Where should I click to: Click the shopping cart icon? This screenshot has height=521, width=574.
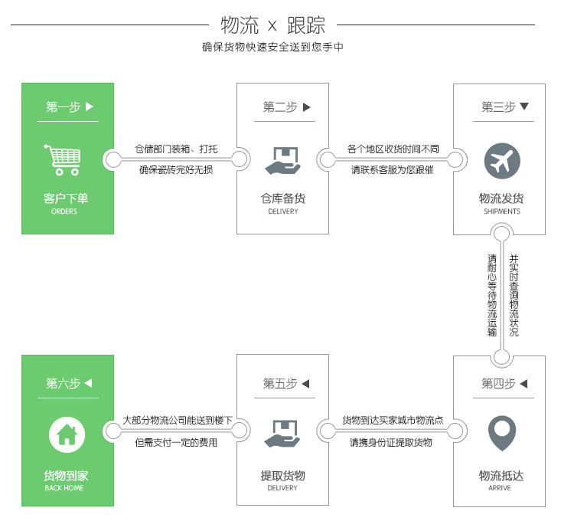pos(63,159)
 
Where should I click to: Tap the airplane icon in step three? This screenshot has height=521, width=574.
pos(502,161)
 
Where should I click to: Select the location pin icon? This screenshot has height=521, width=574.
pos(502,433)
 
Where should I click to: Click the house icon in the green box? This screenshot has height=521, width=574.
pos(67,434)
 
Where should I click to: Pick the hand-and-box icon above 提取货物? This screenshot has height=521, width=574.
pos(282,434)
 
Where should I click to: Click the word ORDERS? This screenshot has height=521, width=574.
pos(64,211)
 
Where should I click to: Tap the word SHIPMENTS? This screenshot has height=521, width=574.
pos(502,211)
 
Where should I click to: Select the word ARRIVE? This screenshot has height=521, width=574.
pos(499,488)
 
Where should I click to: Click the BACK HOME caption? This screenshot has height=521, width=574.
pos(64,488)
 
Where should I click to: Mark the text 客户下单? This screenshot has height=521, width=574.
pos(66,198)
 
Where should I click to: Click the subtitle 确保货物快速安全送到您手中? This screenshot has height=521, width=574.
pos(272,48)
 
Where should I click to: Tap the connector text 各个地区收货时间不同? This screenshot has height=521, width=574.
pos(393,149)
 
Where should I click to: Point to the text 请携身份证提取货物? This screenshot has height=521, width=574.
pos(391,442)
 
